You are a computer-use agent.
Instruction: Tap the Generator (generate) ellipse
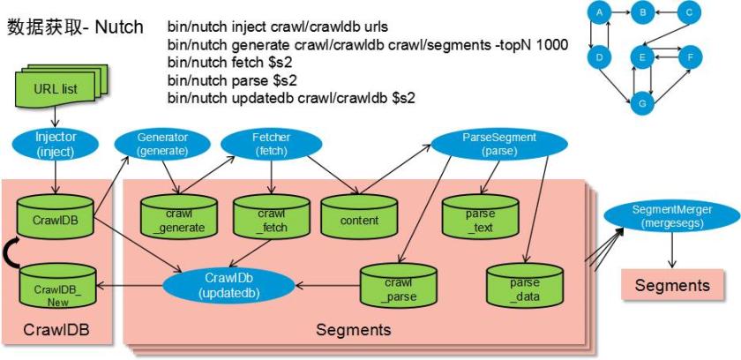(162, 145)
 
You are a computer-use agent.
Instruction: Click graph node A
(599, 13)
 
